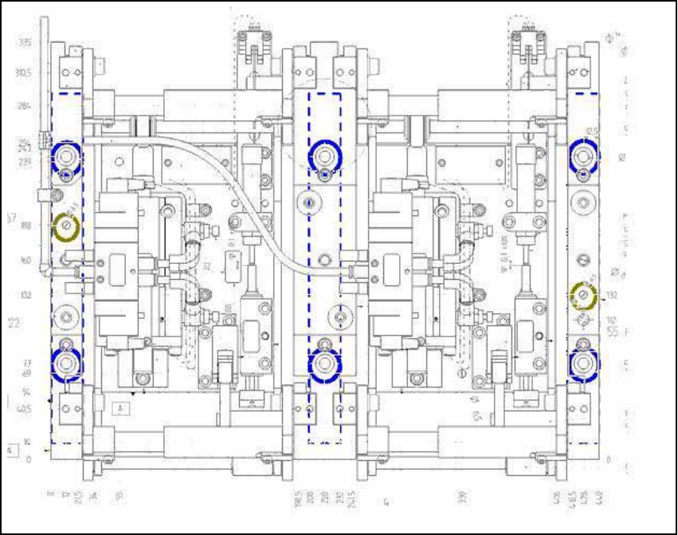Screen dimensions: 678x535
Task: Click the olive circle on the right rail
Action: pos(585,297)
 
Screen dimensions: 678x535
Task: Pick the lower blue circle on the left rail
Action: pos(66,363)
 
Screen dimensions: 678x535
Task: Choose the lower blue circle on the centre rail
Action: pos(324,364)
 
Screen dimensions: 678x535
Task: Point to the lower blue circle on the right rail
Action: pos(584,363)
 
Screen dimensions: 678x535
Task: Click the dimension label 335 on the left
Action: pos(25,42)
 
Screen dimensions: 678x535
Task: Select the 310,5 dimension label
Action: pos(25,73)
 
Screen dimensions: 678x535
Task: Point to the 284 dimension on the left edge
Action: pos(25,106)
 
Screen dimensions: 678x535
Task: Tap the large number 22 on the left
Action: pos(14,322)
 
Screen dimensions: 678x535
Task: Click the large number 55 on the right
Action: pos(614,329)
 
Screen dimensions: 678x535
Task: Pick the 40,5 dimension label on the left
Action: pos(23,410)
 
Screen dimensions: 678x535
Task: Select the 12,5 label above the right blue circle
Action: pos(591,132)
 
